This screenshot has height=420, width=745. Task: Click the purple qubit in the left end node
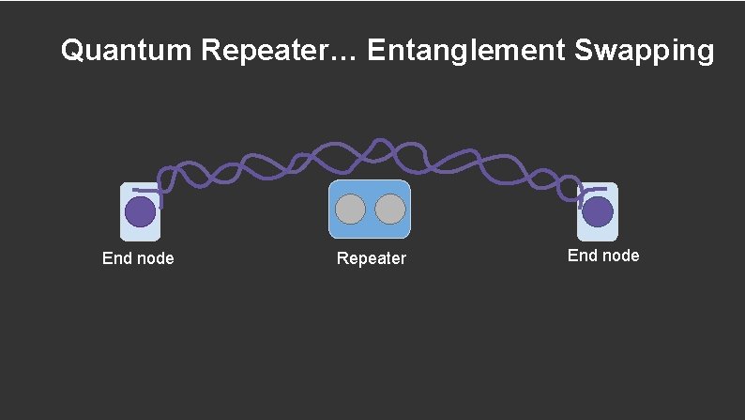click(x=141, y=211)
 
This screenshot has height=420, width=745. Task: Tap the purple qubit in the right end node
click(x=597, y=211)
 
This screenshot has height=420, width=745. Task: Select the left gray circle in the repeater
click(x=351, y=209)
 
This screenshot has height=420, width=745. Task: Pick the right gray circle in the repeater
click(x=389, y=209)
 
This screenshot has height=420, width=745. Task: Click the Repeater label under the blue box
click(x=372, y=258)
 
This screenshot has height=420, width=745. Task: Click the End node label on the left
click(x=138, y=258)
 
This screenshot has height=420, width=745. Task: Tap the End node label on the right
click(x=603, y=256)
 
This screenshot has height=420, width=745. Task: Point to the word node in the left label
click(x=154, y=258)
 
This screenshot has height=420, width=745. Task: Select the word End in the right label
click(x=582, y=256)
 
